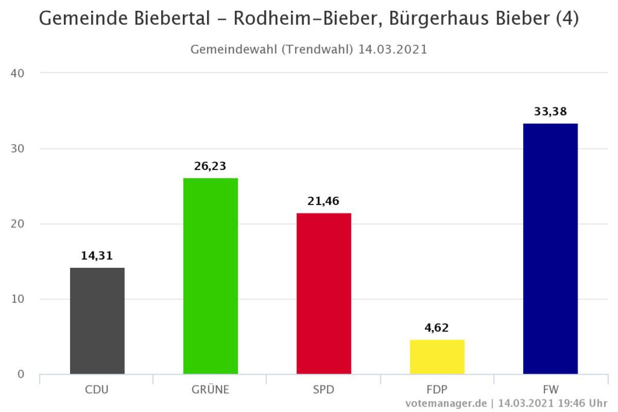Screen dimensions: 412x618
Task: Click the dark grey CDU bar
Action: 97,321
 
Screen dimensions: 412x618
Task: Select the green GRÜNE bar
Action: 211,276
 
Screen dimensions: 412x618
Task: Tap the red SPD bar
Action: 323,294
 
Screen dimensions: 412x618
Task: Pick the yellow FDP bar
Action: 437,357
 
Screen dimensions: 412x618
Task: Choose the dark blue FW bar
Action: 550,249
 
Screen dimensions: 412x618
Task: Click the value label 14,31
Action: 97,256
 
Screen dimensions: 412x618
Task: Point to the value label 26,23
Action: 211,166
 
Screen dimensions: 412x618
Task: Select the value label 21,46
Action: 323,201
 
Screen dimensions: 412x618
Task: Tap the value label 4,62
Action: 437,328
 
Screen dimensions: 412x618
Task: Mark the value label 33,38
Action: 550,112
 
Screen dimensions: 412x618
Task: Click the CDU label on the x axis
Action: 97,390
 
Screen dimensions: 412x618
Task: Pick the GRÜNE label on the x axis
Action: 211,390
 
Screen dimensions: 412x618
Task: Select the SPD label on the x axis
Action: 323,390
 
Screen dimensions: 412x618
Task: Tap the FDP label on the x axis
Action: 437,390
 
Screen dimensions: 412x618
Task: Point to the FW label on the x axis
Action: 550,390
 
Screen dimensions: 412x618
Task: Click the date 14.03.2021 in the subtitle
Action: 392,49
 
